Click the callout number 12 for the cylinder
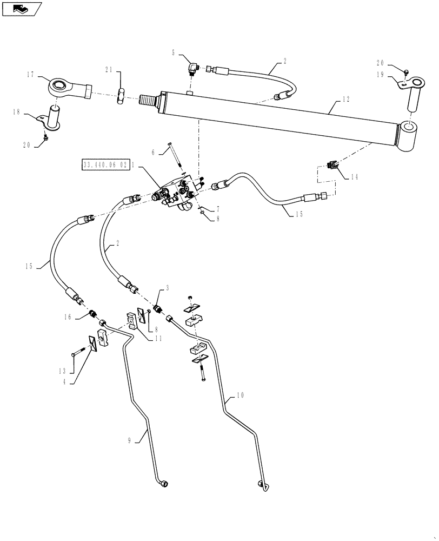pos(347,100)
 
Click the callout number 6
pos(153,153)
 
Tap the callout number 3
pos(167,289)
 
